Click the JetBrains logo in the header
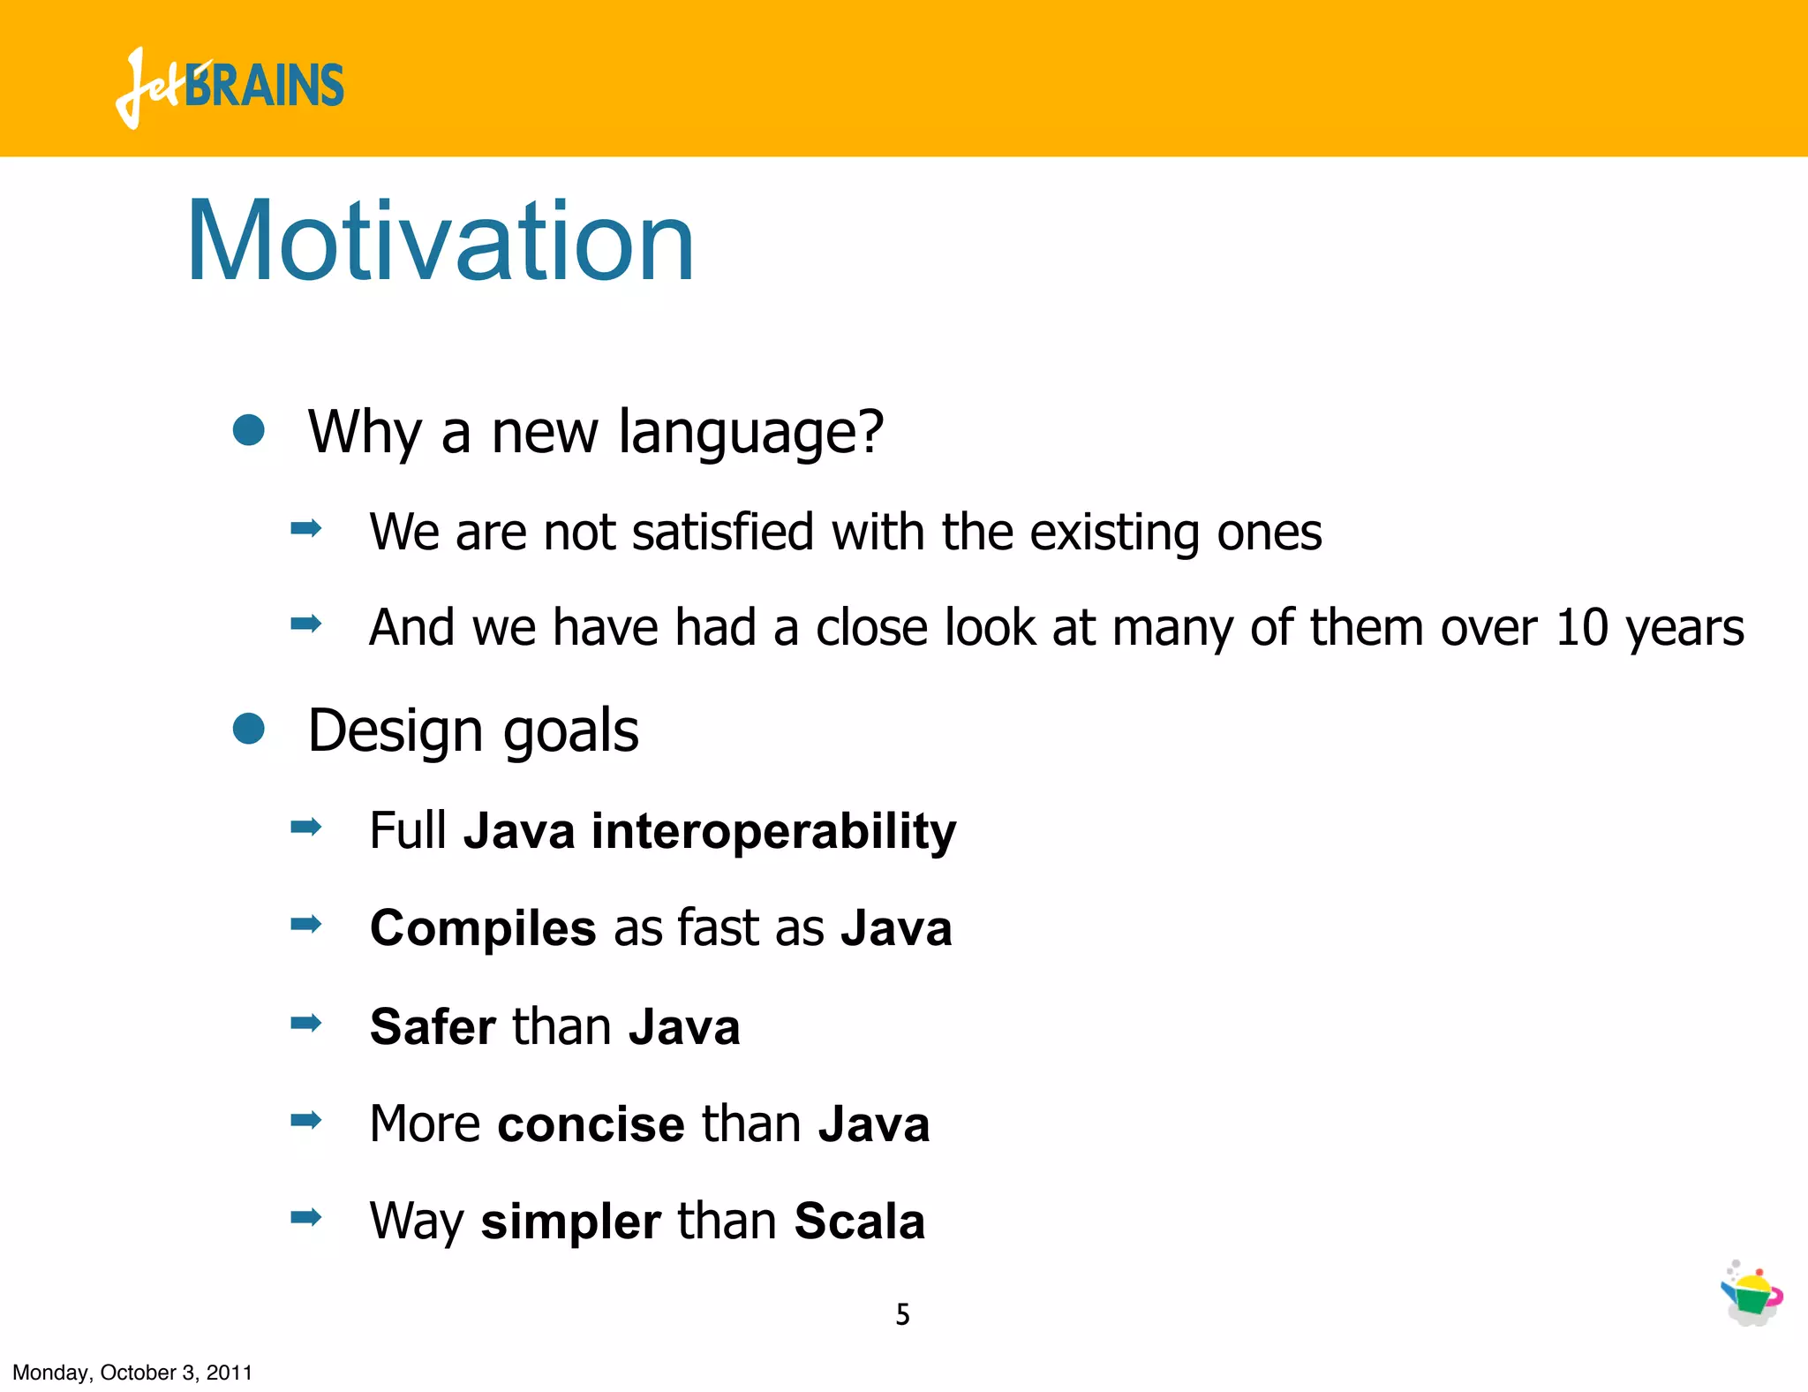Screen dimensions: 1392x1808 230,87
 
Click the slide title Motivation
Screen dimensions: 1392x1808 440,241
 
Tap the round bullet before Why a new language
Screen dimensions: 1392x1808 249,430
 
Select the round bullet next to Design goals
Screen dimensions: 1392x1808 249,730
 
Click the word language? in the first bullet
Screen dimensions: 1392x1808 750,433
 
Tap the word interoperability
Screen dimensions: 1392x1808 773,831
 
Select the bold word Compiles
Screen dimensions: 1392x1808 483,929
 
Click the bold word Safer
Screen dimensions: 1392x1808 433,1027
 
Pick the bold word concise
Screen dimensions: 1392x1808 591,1124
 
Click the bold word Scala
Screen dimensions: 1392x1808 859,1222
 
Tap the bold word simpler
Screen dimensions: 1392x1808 570,1222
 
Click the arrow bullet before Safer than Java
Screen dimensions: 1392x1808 305,1024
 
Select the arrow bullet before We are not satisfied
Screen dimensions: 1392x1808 305,529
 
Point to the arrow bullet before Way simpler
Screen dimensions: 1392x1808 305,1218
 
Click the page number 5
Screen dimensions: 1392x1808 902,1314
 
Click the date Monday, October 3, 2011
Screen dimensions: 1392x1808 132,1373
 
